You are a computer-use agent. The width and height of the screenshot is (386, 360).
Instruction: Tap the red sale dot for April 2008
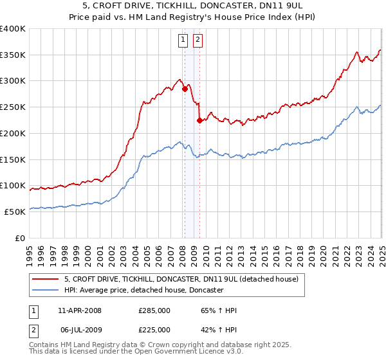185,89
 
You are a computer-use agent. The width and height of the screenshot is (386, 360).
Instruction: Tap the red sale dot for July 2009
199,120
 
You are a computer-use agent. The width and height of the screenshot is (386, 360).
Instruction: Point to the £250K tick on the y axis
14,107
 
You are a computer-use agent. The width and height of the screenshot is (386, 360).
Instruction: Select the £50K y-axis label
15,212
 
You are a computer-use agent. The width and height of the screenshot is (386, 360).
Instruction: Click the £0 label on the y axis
21,238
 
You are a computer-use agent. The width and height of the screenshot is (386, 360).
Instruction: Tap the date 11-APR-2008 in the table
80,310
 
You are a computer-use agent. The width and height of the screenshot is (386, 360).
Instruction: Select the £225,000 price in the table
154,330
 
